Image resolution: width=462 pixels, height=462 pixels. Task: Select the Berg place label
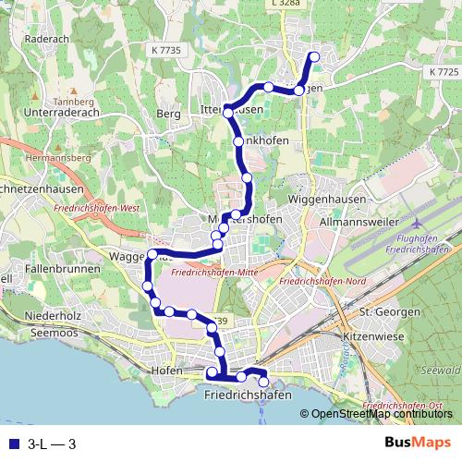168,114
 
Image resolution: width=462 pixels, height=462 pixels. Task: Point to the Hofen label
165,371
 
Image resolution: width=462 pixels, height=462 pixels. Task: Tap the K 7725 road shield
444,71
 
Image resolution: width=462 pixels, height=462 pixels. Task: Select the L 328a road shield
287,5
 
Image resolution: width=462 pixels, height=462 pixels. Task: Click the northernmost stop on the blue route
314,57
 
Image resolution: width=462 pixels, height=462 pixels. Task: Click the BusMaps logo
418,444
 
